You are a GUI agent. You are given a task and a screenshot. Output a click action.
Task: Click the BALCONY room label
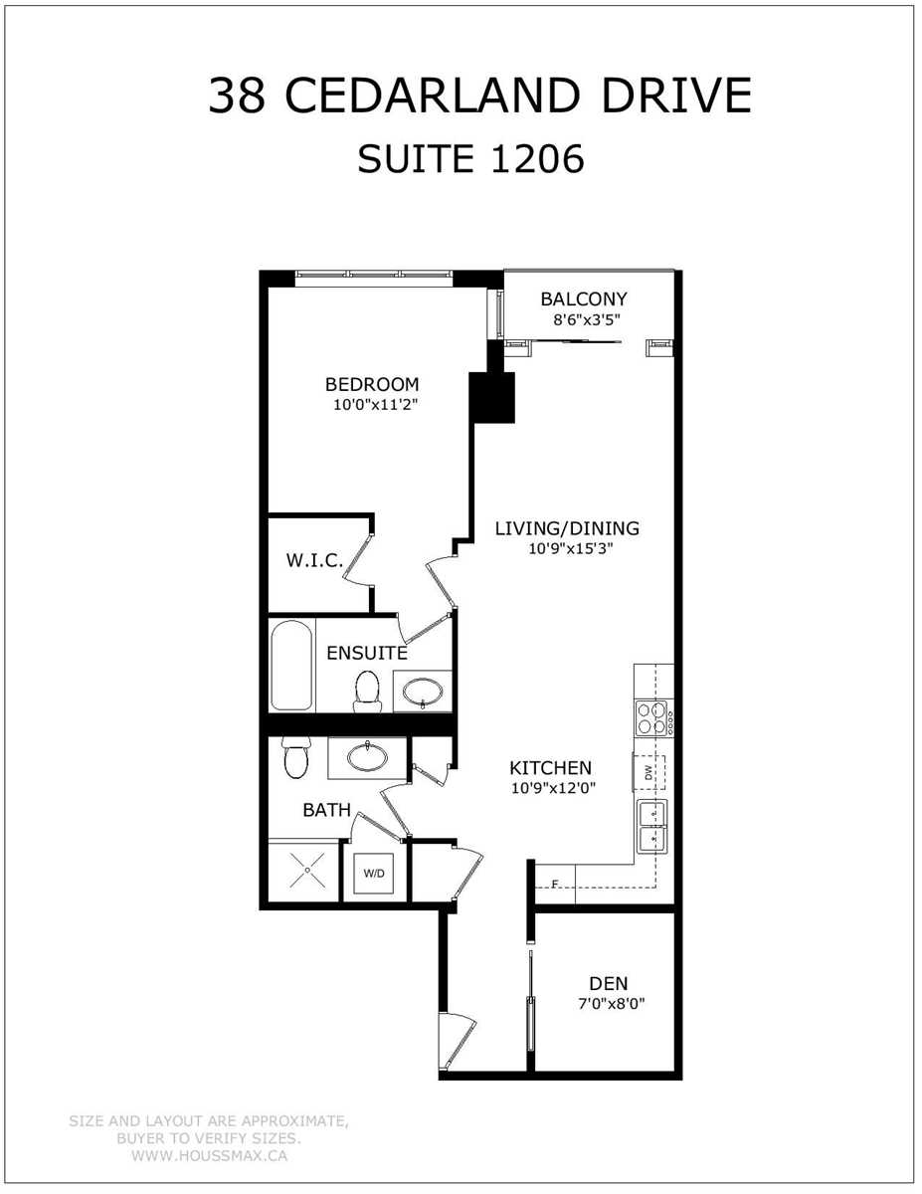tap(583, 298)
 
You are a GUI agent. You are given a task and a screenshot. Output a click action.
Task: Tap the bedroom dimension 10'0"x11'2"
tap(376, 405)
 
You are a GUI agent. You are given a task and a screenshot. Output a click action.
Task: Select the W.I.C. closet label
tap(314, 560)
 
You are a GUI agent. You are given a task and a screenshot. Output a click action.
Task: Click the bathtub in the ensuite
tap(291, 665)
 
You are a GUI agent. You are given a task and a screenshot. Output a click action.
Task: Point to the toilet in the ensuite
tap(368, 692)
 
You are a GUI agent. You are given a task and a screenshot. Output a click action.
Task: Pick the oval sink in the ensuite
tap(423, 692)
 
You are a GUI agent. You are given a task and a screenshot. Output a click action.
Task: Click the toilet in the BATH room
tap(296, 758)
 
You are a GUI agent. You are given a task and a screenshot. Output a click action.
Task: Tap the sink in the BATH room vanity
tap(367, 757)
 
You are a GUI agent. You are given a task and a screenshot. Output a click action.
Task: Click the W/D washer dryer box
tap(374, 873)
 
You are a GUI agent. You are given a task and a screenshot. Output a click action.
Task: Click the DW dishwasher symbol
tap(649, 773)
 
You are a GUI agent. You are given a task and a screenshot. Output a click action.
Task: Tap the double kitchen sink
tap(652, 827)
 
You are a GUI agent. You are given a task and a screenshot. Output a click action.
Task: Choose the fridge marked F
tap(555, 884)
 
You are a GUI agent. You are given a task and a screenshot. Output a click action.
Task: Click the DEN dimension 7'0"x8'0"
tap(611, 1004)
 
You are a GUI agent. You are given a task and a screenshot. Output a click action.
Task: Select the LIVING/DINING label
tap(567, 528)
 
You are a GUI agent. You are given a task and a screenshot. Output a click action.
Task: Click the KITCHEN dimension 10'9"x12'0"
tap(554, 787)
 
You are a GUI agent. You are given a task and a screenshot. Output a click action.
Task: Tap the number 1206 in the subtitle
tap(538, 159)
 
